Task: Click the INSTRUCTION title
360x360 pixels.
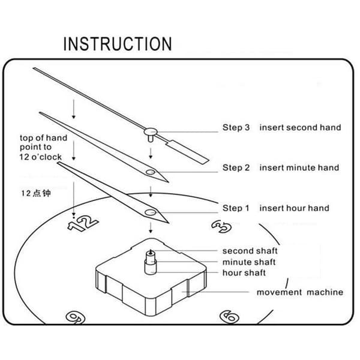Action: (118, 44)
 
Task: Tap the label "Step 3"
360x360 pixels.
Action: (236, 127)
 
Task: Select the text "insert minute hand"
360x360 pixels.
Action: (299, 167)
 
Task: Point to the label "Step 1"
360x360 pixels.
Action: (236, 208)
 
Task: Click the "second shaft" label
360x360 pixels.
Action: (250, 251)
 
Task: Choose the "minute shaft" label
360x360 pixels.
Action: (249, 262)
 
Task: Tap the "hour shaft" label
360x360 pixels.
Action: (244, 273)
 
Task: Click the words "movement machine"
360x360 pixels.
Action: (300, 292)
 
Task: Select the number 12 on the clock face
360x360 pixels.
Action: (83, 223)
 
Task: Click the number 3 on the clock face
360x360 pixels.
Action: (221, 226)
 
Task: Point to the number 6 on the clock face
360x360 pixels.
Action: (229, 317)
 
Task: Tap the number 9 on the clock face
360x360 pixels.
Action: (76, 318)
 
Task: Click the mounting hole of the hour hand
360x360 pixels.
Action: (151, 212)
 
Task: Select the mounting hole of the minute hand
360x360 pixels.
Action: (151, 172)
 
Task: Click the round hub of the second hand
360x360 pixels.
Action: (151, 132)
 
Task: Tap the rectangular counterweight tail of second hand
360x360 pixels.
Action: (188, 152)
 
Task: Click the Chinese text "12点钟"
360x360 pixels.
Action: (36, 193)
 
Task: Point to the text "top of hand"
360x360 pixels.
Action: (43, 138)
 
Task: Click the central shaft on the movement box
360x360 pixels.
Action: (151, 262)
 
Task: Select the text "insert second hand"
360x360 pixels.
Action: (300, 127)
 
